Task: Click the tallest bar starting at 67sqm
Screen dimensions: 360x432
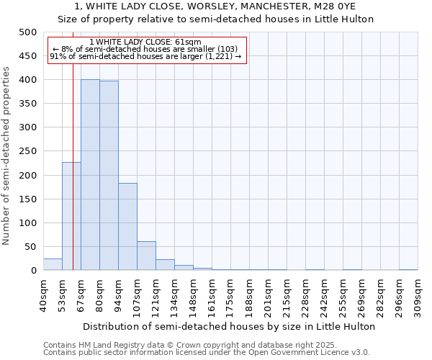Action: [x=90, y=175]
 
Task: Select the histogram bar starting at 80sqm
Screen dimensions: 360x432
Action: [x=109, y=176]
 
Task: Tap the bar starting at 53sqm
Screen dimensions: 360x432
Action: [x=71, y=216]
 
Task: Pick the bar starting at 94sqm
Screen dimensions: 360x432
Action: [x=127, y=227]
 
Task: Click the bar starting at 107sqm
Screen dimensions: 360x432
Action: [x=146, y=256]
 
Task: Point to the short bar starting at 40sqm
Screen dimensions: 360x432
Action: [x=53, y=264]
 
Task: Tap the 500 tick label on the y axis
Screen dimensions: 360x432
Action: [x=28, y=32]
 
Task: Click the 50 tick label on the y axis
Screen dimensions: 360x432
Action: [x=31, y=247]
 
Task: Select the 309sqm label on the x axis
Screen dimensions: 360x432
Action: [x=418, y=295]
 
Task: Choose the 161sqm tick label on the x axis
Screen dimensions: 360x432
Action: [x=212, y=295]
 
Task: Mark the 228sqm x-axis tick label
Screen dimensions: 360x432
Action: [x=305, y=295]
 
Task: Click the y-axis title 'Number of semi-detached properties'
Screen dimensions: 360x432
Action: [x=7, y=156]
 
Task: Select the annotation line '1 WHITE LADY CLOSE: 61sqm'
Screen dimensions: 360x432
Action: [x=146, y=42]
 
